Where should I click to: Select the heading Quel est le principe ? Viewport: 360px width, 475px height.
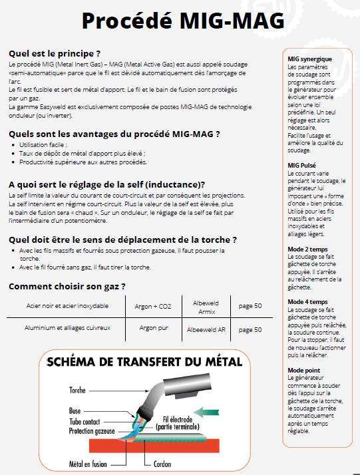[55, 53]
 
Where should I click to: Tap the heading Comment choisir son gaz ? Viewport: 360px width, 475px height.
[67, 287]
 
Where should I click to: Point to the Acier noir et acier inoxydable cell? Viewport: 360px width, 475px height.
[67, 306]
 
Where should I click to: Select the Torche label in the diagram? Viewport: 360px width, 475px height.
[77, 389]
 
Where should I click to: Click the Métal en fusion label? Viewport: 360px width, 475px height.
[90, 463]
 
